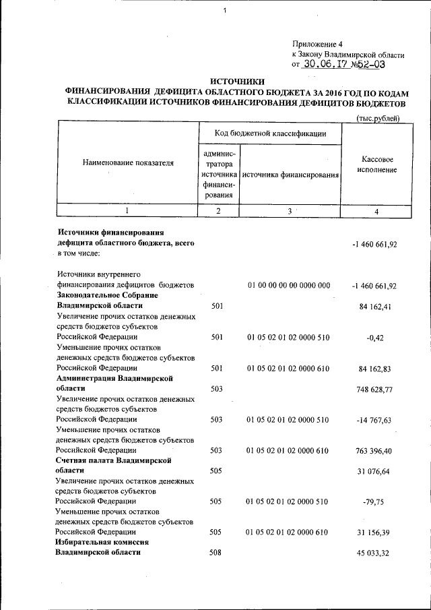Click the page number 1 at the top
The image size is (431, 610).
click(x=224, y=9)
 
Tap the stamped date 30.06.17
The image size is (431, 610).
click(x=323, y=65)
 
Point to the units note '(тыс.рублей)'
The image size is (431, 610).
click(x=378, y=119)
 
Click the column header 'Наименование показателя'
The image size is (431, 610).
click(x=128, y=162)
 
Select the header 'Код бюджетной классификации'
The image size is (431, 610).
click(x=271, y=134)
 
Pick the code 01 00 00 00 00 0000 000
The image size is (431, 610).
click(x=288, y=286)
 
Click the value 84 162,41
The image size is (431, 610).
click(x=376, y=307)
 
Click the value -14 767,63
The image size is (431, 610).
click(x=376, y=420)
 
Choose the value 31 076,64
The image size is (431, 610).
click(x=376, y=471)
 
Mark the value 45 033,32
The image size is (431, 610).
click(x=376, y=553)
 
